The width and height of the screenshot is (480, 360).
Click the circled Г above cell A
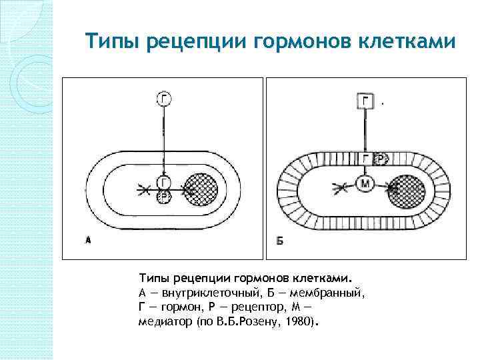(164, 99)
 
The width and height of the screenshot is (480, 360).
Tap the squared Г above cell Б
(365, 101)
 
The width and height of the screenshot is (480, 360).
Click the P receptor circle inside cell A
(164, 197)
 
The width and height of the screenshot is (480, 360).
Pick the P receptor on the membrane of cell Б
(381, 159)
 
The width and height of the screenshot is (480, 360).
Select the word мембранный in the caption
(328, 292)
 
